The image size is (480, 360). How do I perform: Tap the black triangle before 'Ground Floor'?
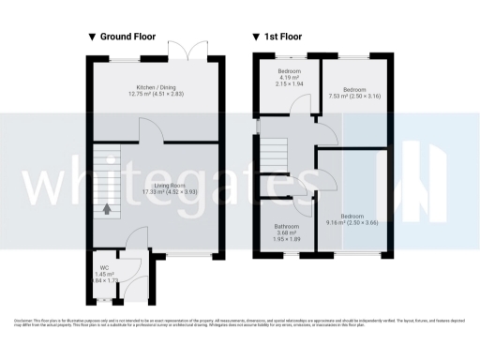(x=92, y=37)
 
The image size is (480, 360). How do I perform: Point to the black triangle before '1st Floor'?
(x=256, y=37)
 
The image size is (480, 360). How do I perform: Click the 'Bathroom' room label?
(x=287, y=227)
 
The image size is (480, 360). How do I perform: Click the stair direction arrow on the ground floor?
(x=107, y=209)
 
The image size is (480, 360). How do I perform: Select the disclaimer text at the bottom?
(x=240, y=322)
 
